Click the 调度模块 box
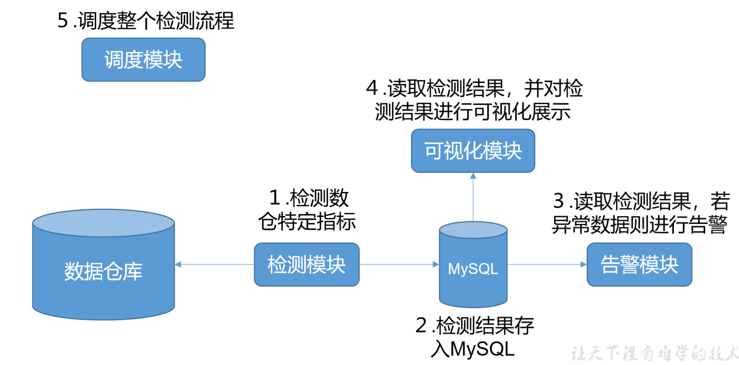(x=143, y=60)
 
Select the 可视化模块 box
(x=473, y=151)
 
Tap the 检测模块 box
(x=306, y=264)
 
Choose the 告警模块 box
(x=639, y=264)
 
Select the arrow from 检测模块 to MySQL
(x=399, y=264)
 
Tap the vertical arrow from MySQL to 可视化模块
(x=473, y=197)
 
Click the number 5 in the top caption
(x=63, y=20)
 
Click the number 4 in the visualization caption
(x=372, y=88)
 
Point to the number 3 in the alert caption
(x=559, y=201)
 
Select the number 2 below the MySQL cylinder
(x=421, y=326)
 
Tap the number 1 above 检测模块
(x=275, y=198)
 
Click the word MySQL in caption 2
(x=483, y=349)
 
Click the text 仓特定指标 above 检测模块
(x=307, y=222)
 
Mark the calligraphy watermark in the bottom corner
(x=654, y=353)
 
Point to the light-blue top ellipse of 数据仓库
(x=103, y=223)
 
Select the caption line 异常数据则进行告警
(x=639, y=225)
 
